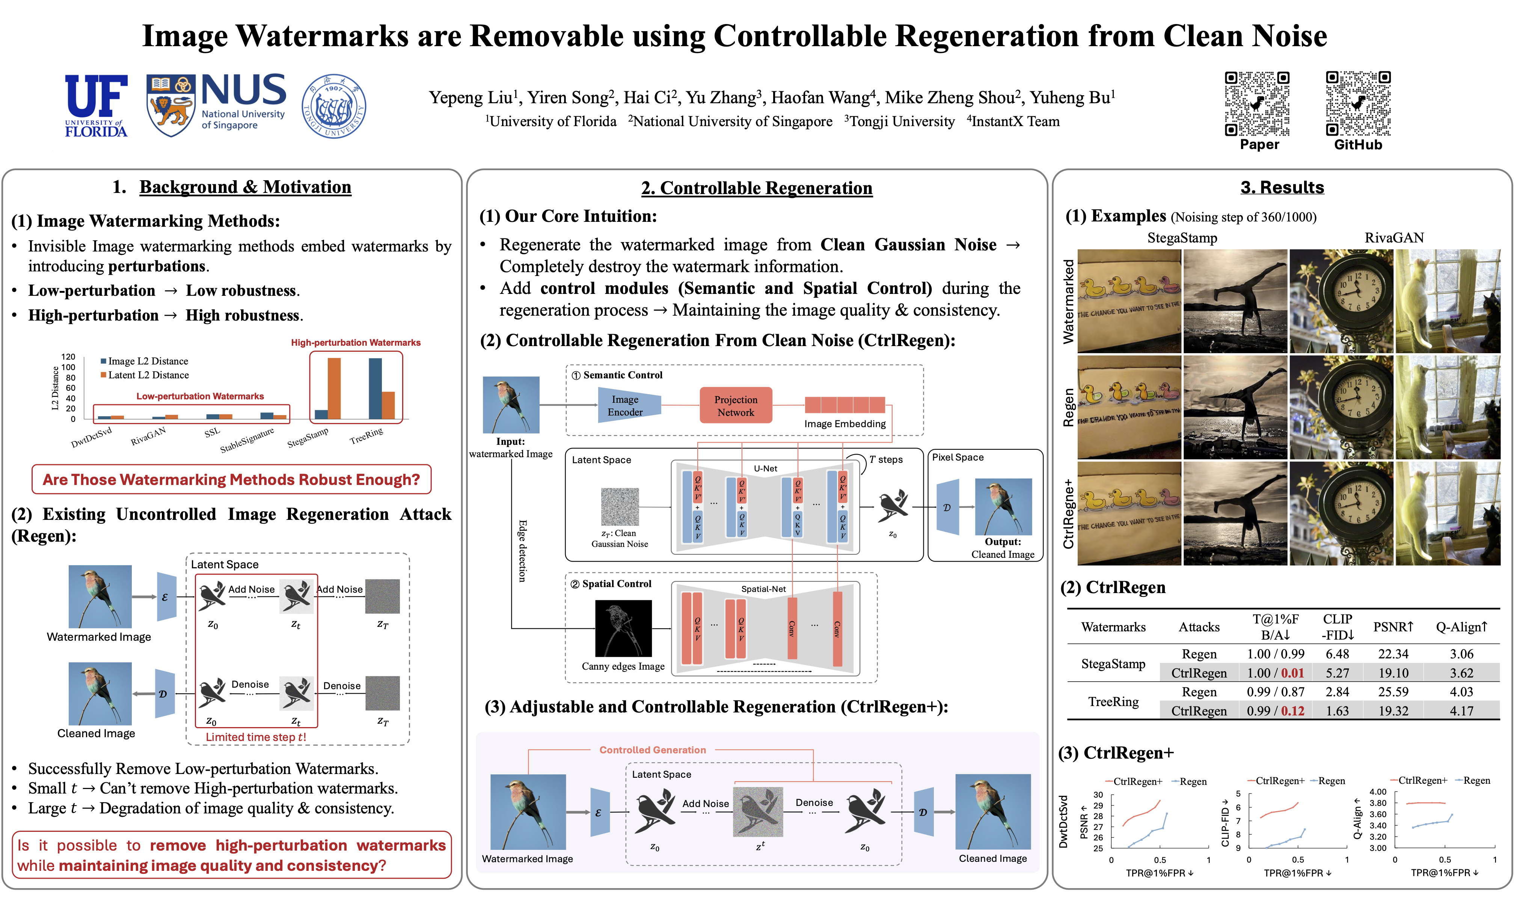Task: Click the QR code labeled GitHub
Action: point(1357,104)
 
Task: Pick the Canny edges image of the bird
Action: point(623,628)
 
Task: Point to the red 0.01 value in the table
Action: point(1292,673)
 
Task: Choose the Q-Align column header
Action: point(1461,627)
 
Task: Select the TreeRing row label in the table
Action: point(1113,702)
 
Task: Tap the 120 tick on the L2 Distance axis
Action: point(68,357)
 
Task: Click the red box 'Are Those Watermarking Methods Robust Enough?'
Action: point(231,480)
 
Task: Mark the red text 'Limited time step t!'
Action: point(256,737)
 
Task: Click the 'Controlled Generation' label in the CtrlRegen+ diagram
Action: point(652,750)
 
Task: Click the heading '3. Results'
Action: point(1282,187)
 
